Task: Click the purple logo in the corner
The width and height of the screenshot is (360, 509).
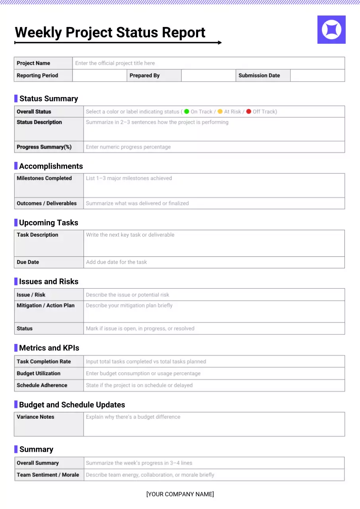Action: pyautogui.click(x=331, y=30)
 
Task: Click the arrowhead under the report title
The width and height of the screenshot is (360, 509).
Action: pyautogui.click(x=219, y=43)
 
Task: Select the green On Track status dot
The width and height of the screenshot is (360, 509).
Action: pyautogui.click(x=187, y=112)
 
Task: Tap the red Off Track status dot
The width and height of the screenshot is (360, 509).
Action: pyautogui.click(x=249, y=112)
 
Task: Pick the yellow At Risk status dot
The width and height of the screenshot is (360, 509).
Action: pyautogui.click(x=220, y=112)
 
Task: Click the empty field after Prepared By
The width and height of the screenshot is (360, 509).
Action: pyautogui.click(x=208, y=76)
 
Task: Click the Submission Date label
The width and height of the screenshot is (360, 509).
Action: pyautogui.click(x=259, y=76)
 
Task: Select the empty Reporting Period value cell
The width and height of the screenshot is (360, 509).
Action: pyautogui.click(x=99, y=76)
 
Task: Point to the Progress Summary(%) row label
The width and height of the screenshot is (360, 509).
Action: pyautogui.click(x=44, y=147)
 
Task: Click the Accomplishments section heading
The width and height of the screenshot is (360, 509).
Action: pyautogui.click(x=51, y=166)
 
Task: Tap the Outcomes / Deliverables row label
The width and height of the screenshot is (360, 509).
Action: pyautogui.click(x=47, y=203)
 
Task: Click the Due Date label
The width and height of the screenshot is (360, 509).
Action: pyautogui.click(x=28, y=262)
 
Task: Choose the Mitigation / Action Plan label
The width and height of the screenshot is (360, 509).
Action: pyautogui.click(x=46, y=305)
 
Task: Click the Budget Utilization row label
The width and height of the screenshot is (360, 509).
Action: pyautogui.click(x=39, y=373)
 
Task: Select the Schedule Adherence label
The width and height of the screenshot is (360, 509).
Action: pyautogui.click(x=42, y=385)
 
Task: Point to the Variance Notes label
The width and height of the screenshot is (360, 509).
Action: pyautogui.click(x=35, y=417)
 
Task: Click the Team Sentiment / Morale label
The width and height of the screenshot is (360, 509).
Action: pyautogui.click(x=48, y=475)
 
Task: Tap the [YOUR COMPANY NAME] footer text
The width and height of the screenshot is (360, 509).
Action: pyautogui.click(x=180, y=494)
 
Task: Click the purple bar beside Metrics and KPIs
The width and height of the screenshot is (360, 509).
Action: pyautogui.click(x=16, y=348)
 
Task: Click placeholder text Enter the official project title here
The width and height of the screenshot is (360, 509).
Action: pyautogui.click(x=115, y=63)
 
